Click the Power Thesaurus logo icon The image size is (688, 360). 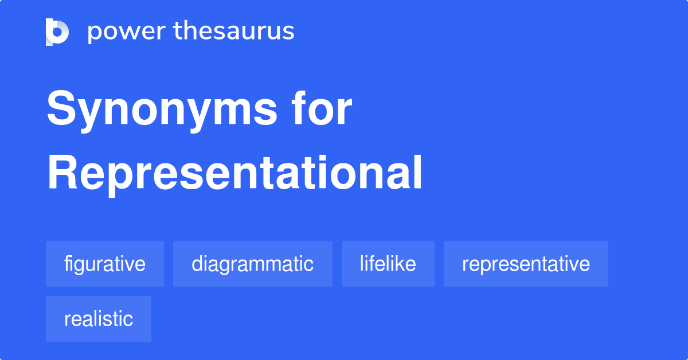pos(57,32)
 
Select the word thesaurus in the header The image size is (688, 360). pos(234,32)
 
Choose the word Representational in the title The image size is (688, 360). pos(234,173)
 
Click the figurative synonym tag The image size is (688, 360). pos(105,264)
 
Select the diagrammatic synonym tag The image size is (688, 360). pos(252,264)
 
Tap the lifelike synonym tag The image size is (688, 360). pos(388,264)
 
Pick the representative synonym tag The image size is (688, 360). pos(526,264)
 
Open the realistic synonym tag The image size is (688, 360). pos(99,319)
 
